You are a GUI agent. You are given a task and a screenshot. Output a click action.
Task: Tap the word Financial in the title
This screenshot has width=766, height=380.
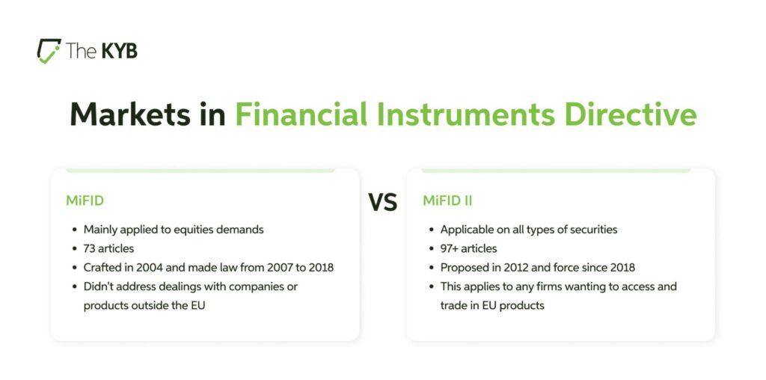[x=301, y=114]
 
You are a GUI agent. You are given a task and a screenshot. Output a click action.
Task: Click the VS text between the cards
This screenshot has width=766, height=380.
[x=382, y=202]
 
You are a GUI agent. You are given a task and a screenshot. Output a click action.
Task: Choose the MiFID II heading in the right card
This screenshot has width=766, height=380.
[x=447, y=201]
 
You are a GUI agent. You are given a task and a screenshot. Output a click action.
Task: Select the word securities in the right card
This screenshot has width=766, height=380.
[x=592, y=230]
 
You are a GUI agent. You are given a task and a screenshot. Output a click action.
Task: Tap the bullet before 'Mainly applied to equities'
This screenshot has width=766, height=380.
[x=74, y=230]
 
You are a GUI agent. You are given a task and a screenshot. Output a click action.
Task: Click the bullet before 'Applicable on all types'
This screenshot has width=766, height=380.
[x=430, y=230]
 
